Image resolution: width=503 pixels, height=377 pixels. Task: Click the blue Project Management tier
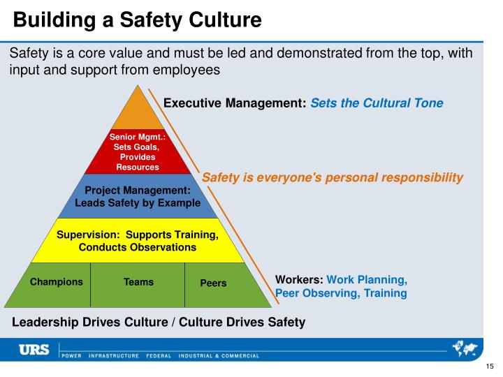point(137,196)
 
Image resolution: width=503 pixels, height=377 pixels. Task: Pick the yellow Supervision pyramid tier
point(137,240)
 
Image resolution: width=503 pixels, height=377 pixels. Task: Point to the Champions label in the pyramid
point(56,282)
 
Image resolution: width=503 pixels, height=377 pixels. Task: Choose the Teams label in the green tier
point(138,282)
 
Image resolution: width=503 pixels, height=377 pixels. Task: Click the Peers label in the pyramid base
point(213,283)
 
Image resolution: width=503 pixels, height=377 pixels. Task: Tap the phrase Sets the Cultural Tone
point(377,103)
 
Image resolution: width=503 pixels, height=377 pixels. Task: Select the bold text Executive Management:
point(235,103)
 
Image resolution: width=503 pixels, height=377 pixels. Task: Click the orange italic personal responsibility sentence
point(333,177)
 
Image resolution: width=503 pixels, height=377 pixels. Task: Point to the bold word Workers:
point(299,279)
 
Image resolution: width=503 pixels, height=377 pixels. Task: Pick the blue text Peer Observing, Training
point(341,293)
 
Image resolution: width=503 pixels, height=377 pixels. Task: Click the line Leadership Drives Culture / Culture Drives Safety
point(159,322)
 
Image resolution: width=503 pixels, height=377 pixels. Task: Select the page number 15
point(489,368)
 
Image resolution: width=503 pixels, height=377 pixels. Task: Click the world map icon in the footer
point(466,348)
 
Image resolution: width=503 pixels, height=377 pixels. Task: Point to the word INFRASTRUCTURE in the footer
point(112,356)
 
